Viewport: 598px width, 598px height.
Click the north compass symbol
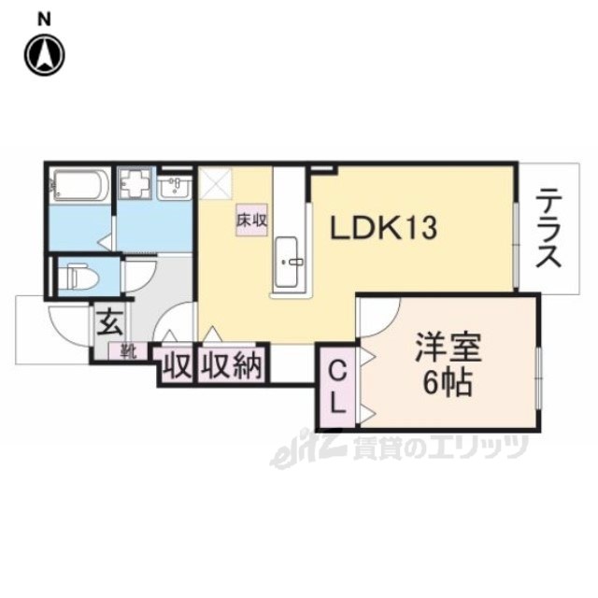[44, 55]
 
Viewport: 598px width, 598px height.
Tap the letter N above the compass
[44, 17]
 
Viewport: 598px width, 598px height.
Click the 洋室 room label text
[448, 349]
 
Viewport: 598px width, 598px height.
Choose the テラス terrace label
[548, 229]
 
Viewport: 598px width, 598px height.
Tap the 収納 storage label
[232, 363]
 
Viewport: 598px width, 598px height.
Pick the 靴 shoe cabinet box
[126, 351]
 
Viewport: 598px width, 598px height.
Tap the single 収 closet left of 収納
[173, 363]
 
